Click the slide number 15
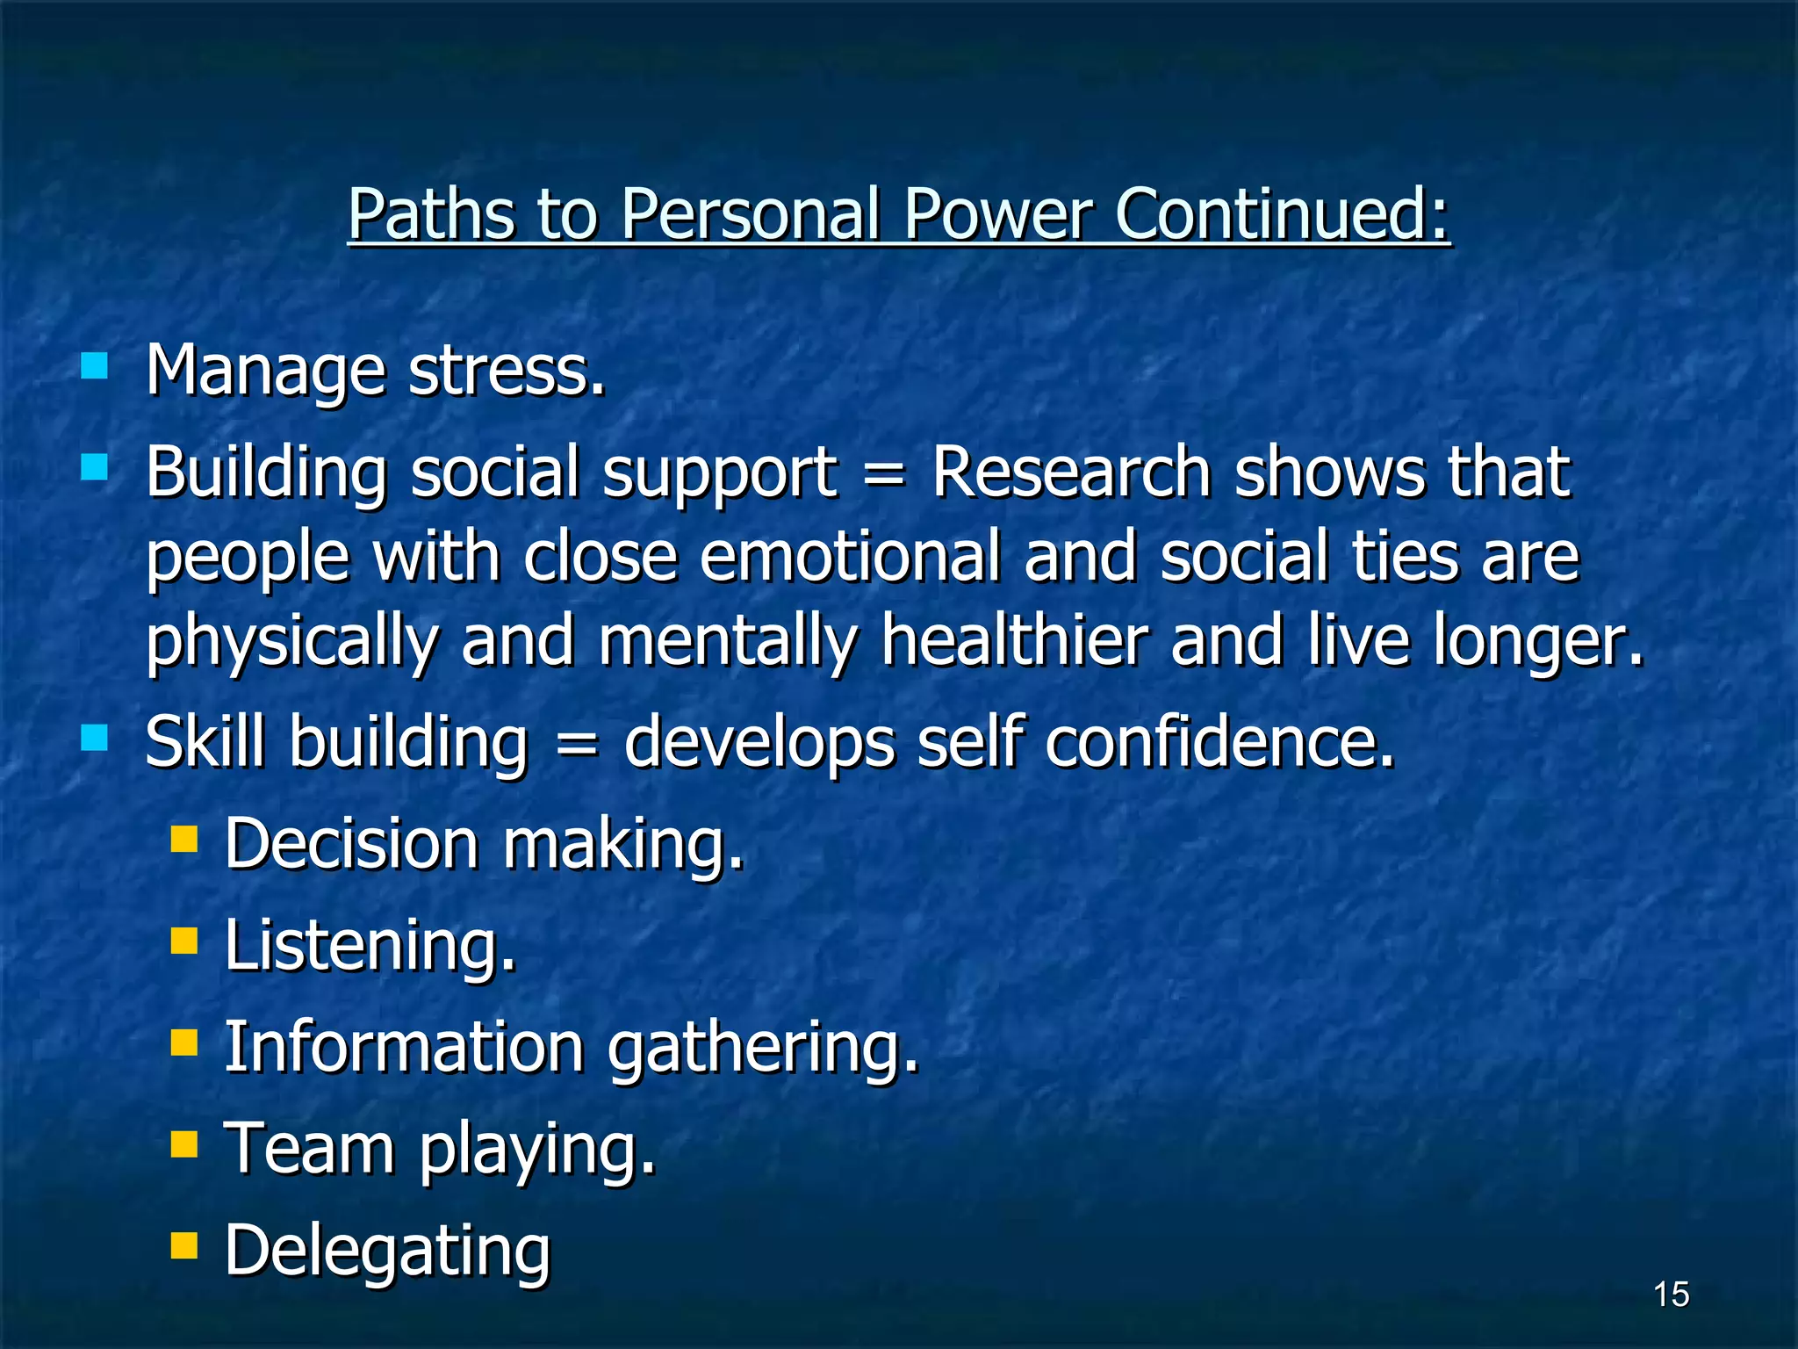1671,1295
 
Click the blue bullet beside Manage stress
94,364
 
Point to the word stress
507,372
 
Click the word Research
1071,473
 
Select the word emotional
850,557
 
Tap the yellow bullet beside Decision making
183,839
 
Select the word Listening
370,947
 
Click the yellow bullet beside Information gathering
183,1042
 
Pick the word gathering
763,1050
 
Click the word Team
309,1149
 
